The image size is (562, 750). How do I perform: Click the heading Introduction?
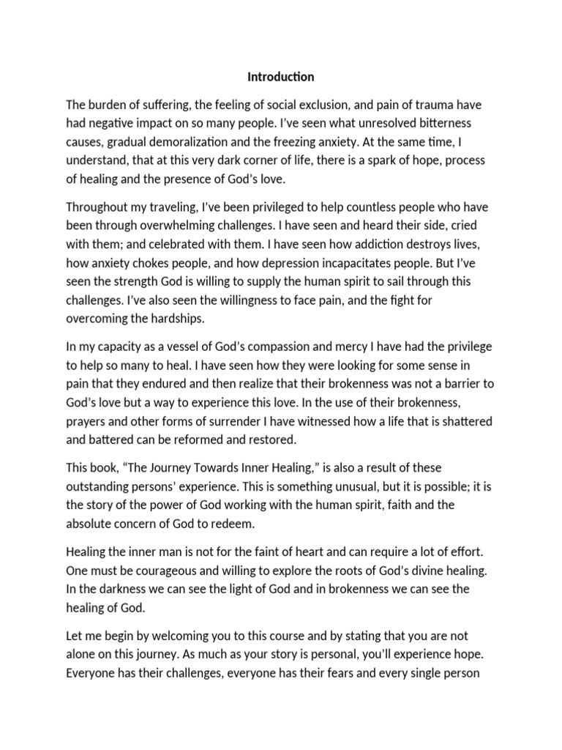coord(281,77)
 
